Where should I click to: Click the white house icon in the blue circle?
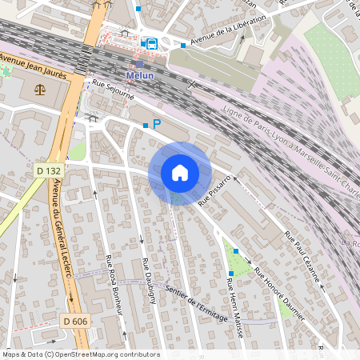pos(179,173)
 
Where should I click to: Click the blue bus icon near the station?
pos(152,43)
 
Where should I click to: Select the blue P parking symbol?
pos(157,124)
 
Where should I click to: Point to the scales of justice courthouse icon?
pos(40,90)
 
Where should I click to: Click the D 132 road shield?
pos(50,170)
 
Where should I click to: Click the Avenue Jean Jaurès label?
pos(34,64)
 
